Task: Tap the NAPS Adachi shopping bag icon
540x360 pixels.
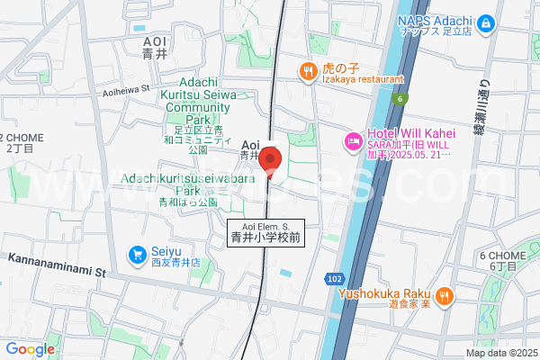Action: tap(486, 22)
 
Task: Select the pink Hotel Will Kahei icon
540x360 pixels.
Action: tap(351, 141)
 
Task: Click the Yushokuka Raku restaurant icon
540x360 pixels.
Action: tap(444, 295)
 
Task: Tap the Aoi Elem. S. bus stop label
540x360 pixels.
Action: tap(265, 233)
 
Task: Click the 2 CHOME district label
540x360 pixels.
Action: tap(18, 141)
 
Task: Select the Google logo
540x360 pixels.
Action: tap(30, 349)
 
